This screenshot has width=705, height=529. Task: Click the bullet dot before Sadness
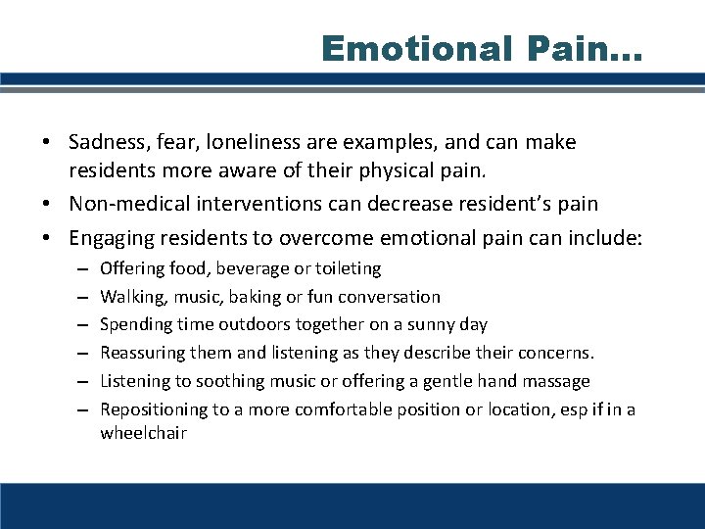click(46, 143)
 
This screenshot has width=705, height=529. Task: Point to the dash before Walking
click(77, 296)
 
